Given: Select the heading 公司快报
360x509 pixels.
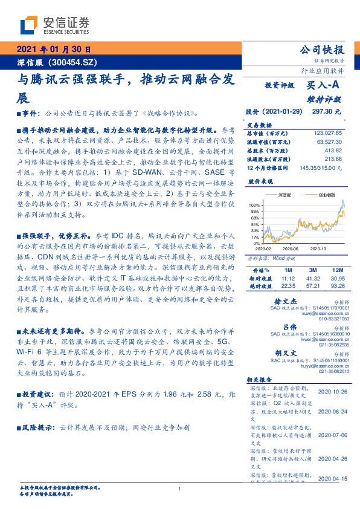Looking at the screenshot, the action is pyautogui.click(x=324, y=50).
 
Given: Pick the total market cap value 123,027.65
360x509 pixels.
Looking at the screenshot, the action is pyautogui.click(x=329, y=132).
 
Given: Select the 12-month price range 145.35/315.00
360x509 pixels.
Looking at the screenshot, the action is pyautogui.click(x=320, y=166).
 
